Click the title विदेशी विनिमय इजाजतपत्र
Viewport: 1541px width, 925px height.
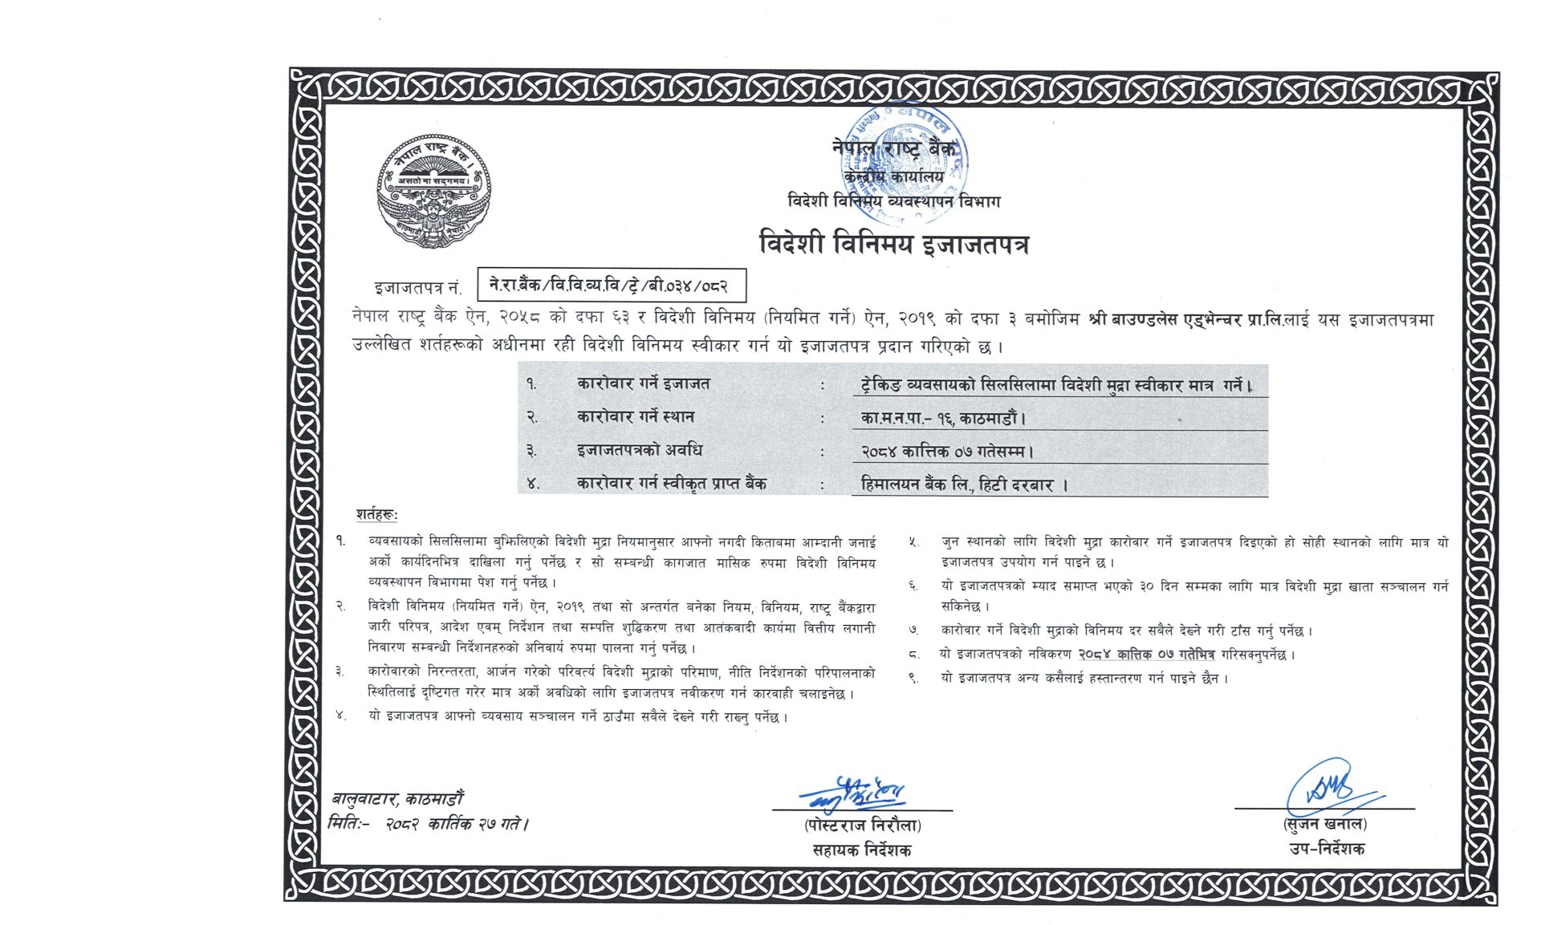(893, 243)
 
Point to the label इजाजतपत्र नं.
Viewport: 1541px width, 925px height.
(417, 288)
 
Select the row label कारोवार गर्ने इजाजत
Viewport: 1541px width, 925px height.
(643, 384)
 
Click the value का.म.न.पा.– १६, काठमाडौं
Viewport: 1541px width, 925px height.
(943, 418)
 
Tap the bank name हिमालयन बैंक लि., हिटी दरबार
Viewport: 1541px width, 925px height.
(964, 485)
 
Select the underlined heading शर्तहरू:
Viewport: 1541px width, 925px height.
(376, 514)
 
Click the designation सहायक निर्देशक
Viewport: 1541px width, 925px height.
(861, 850)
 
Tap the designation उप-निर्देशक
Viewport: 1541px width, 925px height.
(1326, 849)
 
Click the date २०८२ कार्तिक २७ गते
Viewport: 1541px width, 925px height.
(457, 824)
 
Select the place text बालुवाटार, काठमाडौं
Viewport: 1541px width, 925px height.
(397, 799)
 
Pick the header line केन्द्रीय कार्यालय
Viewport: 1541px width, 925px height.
(893, 176)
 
